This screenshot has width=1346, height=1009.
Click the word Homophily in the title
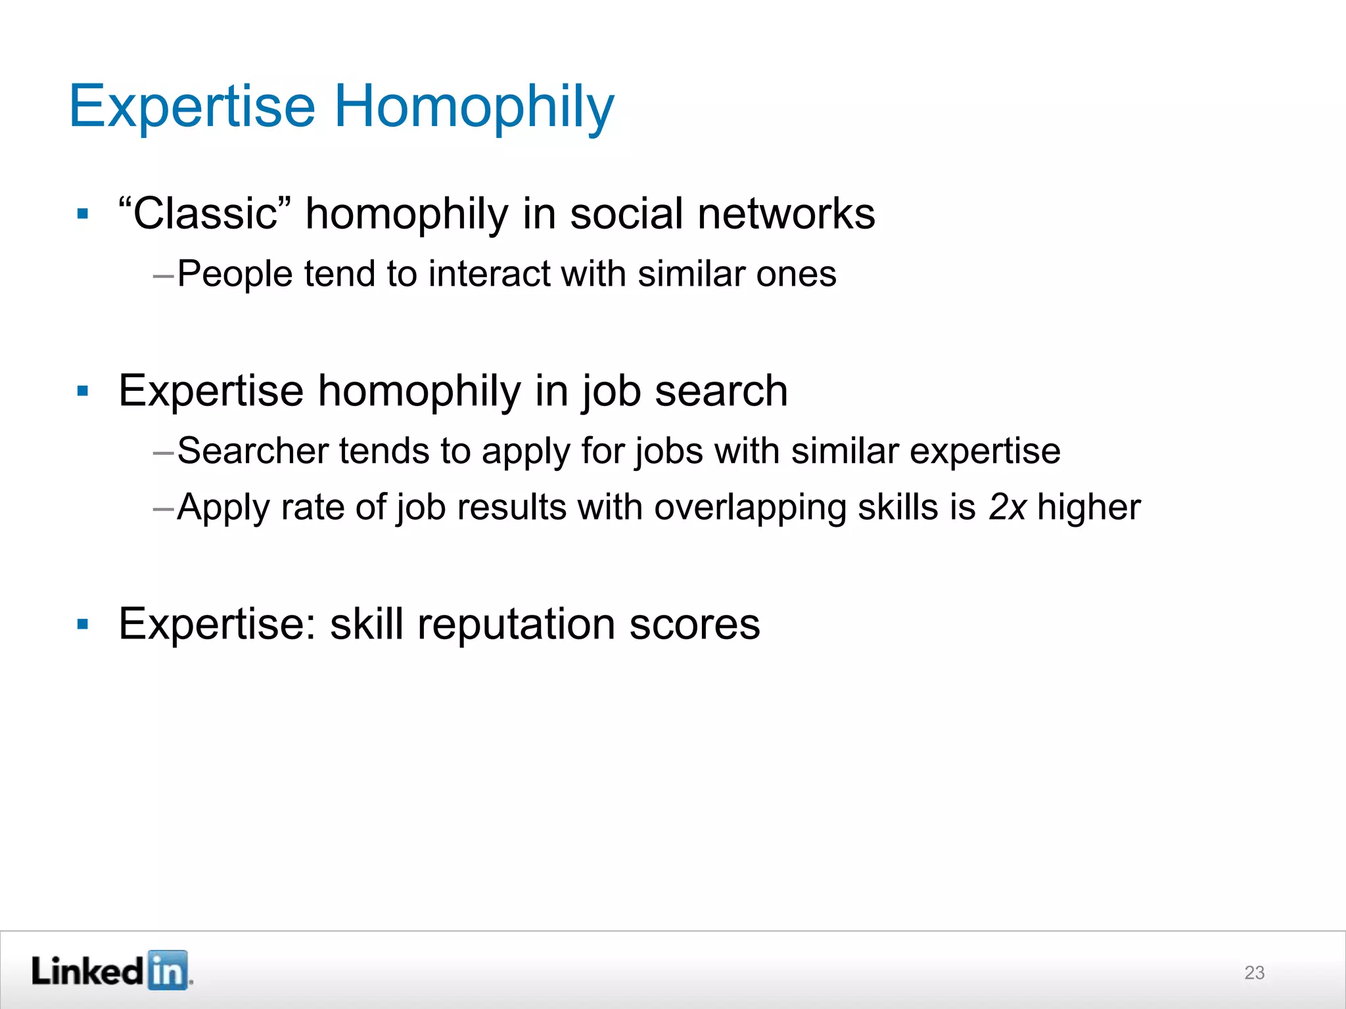click(x=475, y=106)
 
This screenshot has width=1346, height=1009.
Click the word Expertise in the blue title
click(x=193, y=106)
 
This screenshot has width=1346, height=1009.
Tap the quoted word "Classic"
click(x=205, y=213)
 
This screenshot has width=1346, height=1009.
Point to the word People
click(x=235, y=273)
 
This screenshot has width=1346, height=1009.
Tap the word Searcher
click(x=252, y=451)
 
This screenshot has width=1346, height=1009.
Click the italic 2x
click(x=1007, y=507)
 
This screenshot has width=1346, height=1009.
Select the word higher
click(x=1088, y=507)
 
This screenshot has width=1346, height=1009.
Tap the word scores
click(x=695, y=624)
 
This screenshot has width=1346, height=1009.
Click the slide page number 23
click(x=1254, y=972)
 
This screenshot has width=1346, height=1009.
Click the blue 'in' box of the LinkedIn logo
click(x=168, y=970)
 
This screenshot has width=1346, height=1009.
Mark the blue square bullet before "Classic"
click(x=83, y=214)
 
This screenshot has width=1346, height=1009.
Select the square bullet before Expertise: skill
click(x=83, y=624)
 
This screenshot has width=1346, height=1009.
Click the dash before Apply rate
click(x=163, y=508)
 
